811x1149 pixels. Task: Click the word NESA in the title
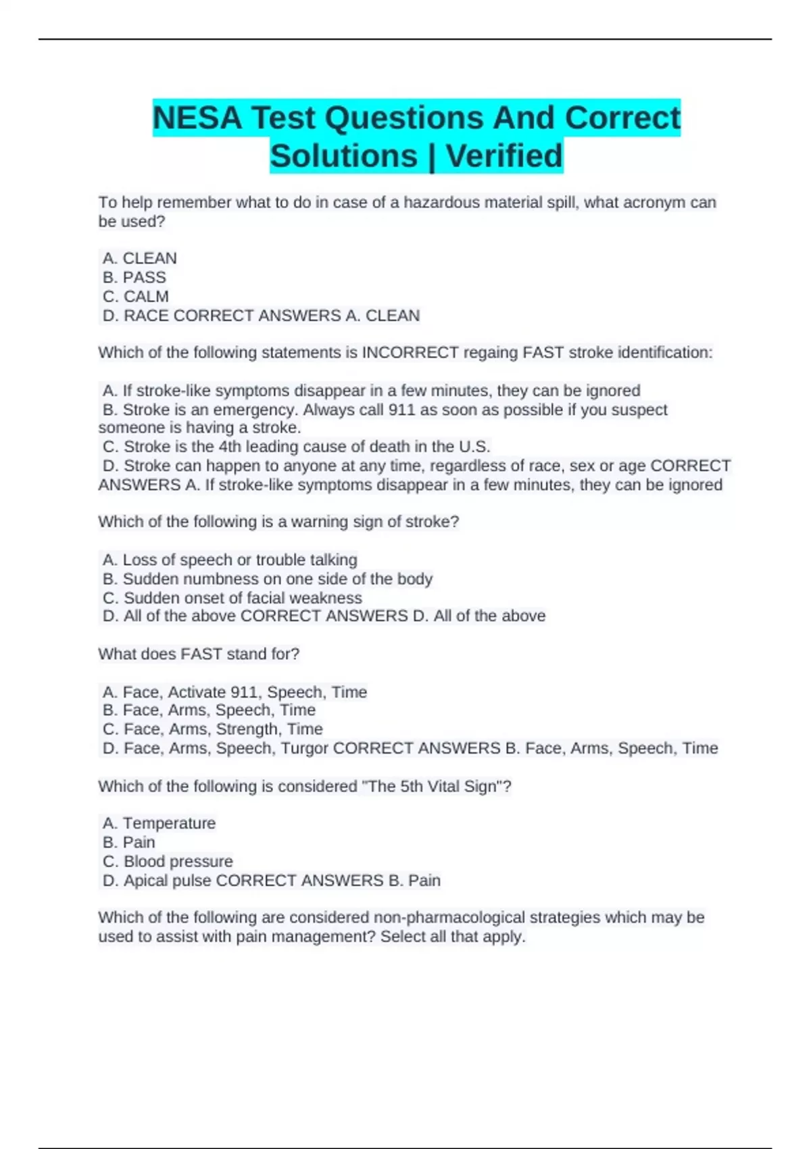point(197,118)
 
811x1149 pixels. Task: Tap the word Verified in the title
point(504,156)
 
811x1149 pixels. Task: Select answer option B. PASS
point(134,278)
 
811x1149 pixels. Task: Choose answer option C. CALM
point(136,297)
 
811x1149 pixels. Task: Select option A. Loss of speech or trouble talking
point(230,560)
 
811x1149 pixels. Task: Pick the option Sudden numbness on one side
point(268,579)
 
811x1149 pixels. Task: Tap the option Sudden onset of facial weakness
point(232,598)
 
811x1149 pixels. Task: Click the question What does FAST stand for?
point(199,654)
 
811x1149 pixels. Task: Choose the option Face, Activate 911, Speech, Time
point(235,692)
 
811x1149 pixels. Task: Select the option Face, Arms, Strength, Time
point(213,729)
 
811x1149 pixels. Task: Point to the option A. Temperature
point(159,823)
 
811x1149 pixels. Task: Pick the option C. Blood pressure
point(168,862)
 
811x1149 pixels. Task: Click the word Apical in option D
point(147,881)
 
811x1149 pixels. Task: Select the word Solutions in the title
point(344,156)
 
